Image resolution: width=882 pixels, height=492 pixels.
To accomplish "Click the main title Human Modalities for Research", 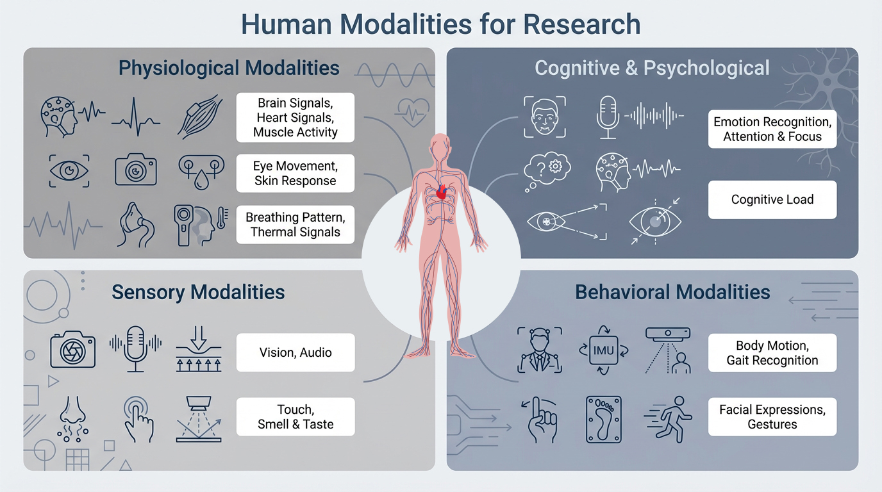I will coord(440,24).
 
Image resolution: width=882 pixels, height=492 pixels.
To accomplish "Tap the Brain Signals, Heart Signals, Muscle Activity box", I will coord(295,118).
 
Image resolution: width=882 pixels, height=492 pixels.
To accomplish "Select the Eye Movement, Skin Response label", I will coord(295,173).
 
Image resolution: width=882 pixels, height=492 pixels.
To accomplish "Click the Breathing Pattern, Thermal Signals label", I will coord(295,224).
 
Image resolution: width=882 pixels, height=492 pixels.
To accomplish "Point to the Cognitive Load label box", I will coord(772,200).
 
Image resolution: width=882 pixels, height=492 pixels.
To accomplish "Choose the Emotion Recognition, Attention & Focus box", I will coord(772,129).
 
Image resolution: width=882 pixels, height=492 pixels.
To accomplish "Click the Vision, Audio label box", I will coord(295,352).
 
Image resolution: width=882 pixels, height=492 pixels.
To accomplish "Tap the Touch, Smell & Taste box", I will coord(295,416).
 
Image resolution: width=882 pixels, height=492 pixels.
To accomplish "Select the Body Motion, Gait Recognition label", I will coord(772,353).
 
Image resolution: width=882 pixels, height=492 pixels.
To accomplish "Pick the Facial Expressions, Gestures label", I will coord(772,416).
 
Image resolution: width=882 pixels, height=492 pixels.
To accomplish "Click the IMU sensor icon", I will coord(603,351).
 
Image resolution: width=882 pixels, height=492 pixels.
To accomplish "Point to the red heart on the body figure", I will coord(440,191).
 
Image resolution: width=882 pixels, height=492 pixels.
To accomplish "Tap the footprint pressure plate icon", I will coord(603,419).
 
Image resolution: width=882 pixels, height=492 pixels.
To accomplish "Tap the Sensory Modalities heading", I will coord(198,293).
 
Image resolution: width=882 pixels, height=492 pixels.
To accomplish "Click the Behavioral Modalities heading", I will coord(672,293).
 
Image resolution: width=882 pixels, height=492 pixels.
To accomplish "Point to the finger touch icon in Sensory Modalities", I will coord(137,419).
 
